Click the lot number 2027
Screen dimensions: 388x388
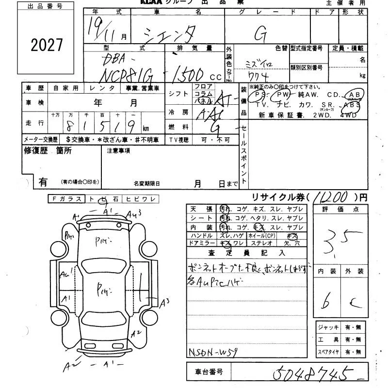47,45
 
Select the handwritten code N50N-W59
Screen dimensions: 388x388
212,353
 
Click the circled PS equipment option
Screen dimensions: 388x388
260,95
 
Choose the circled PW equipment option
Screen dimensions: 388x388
283,95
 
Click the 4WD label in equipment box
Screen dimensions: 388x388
348,115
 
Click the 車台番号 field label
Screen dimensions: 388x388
209,372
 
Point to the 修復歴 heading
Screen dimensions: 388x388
34,151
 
